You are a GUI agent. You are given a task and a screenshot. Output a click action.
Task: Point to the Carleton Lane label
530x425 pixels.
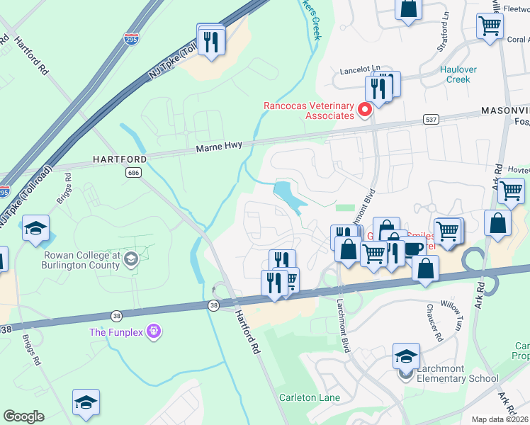(x=309, y=397)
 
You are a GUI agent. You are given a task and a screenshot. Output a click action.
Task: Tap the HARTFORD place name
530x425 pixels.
(x=120, y=160)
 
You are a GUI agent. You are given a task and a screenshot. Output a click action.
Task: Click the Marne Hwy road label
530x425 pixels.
(x=219, y=146)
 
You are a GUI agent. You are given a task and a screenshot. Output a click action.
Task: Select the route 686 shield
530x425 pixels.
(x=132, y=172)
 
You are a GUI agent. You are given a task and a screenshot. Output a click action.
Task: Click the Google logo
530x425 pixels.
(x=23, y=416)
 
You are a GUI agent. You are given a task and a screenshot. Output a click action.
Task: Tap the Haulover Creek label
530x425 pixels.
(x=454, y=74)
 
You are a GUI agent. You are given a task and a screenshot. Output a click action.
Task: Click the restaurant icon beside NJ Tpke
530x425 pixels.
(x=211, y=42)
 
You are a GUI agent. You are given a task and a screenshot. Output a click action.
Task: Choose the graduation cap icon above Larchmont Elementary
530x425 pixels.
(x=407, y=356)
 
